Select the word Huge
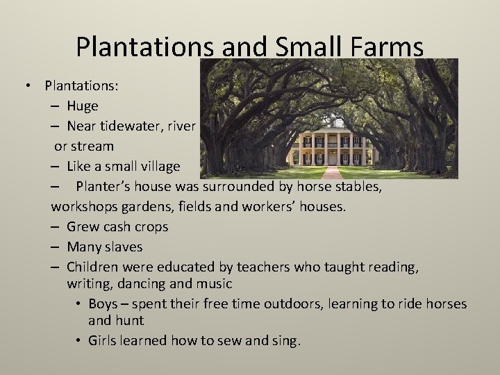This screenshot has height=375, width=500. pyautogui.click(x=83, y=106)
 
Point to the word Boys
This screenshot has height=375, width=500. pyautogui.click(x=117, y=304)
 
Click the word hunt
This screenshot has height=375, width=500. pyautogui.click(x=131, y=321)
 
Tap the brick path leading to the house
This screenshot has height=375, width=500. pyautogui.click(x=331, y=172)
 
